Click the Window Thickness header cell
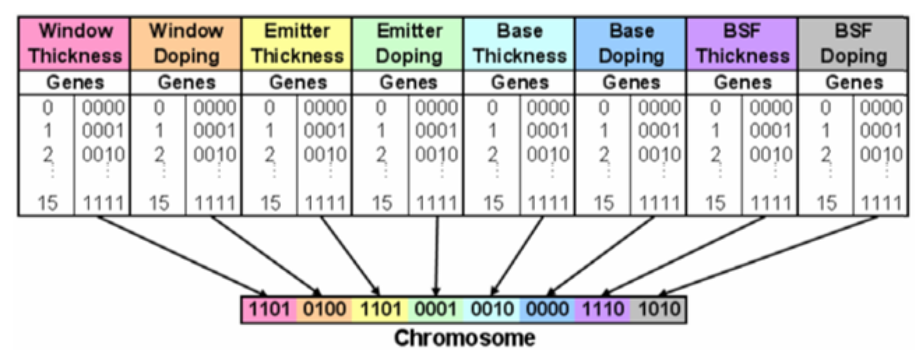(x=75, y=44)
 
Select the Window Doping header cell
(x=186, y=44)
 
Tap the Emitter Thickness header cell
(x=297, y=44)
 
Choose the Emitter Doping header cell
(x=408, y=44)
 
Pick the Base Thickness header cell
(x=520, y=44)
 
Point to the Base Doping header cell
(x=631, y=44)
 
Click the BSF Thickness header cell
(x=742, y=44)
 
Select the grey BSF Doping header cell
(x=853, y=44)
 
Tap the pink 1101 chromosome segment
(x=269, y=309)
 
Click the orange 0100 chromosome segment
(x=324, y=309)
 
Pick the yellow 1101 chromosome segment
(x=380, y=309)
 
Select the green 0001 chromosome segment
(x=436, y=309)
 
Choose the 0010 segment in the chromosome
(x=491, y=309)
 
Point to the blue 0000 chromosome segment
(x=547, y=309)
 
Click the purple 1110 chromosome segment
(x=603, y=309)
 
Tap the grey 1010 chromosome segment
(x=659, y=309)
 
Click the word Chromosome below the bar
(x=464, y=338)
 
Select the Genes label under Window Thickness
(x=75, y=83)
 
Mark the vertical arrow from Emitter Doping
(x=437, y=255)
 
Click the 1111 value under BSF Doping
(x=881, y=204)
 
